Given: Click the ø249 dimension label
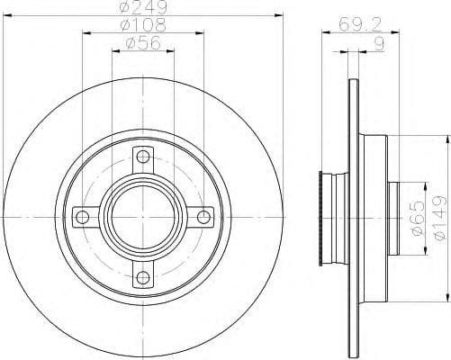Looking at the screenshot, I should tap(142, 11).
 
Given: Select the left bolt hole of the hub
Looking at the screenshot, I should tap(82, 217).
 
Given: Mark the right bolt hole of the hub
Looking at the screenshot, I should tap(203, 217).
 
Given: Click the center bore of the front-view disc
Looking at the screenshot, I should tap(142, 217).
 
